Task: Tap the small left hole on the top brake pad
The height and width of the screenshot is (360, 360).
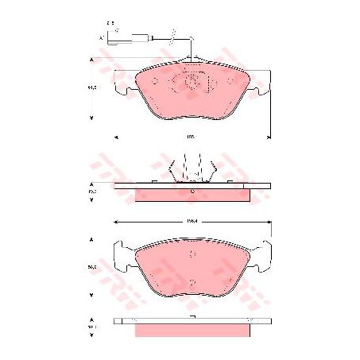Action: coord(155,80)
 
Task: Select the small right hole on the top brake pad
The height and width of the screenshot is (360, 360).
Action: coord(230,80)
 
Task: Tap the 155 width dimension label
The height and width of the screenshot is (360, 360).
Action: coord(191,137)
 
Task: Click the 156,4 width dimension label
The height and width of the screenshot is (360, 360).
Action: coord(192,221)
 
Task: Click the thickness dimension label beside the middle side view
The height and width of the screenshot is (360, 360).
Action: coord(92,192)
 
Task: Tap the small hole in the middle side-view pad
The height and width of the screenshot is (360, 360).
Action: coord(192,192)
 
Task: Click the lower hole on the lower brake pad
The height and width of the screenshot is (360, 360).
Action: coord(193,280)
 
